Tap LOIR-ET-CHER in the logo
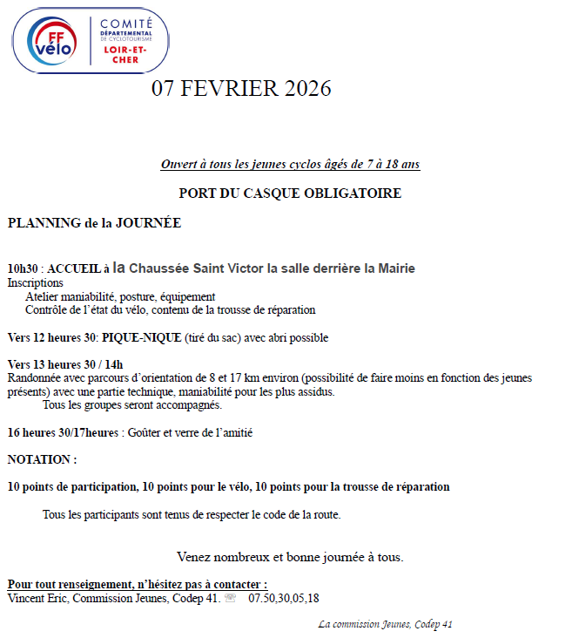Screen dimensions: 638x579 [125, 54]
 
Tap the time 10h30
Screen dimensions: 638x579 [24, 269]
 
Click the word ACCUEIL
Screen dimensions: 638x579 [75, 269]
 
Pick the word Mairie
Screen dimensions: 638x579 [396, 268]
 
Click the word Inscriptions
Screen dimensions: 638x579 [36, 283]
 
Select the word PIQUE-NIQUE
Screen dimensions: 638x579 [141, 337]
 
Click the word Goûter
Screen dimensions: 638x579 [145, 432]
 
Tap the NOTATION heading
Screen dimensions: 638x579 [42, 459]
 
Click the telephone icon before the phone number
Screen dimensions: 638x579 [231, 599]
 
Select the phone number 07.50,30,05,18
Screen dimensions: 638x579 [284, 599]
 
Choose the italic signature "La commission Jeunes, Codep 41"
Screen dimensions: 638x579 [385, 624]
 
